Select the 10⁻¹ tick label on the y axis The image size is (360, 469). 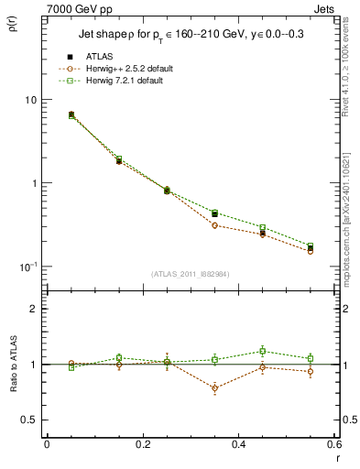[x=28, y=267]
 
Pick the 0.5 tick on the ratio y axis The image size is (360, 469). [x=29, y=420]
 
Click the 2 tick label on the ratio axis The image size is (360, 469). [x=33, y=309]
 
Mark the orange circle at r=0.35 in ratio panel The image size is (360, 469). [x=214, y=388]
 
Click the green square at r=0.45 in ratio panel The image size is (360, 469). [x=262, y=351]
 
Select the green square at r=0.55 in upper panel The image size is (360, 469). [x=311, y=245]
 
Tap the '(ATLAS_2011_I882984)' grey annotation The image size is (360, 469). [x=191, y=274]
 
